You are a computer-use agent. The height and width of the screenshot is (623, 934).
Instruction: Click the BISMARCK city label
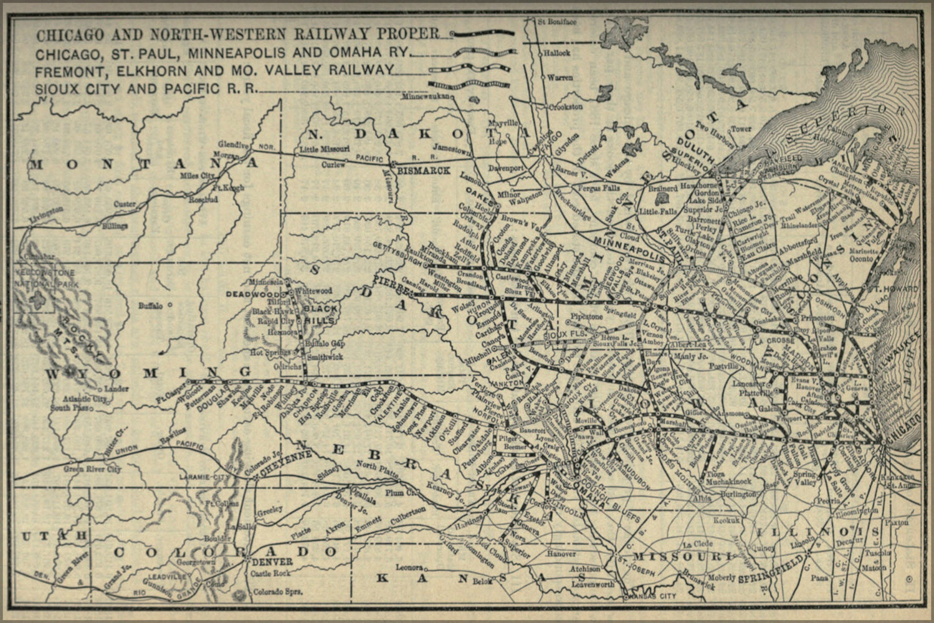[x=423, y=170]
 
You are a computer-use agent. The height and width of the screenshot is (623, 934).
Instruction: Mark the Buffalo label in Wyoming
[x=151, y=306]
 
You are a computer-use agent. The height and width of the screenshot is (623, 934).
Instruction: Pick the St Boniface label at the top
[x=558, y=22]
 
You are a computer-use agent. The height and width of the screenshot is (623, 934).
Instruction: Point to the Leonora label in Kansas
[x=410, y=567]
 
